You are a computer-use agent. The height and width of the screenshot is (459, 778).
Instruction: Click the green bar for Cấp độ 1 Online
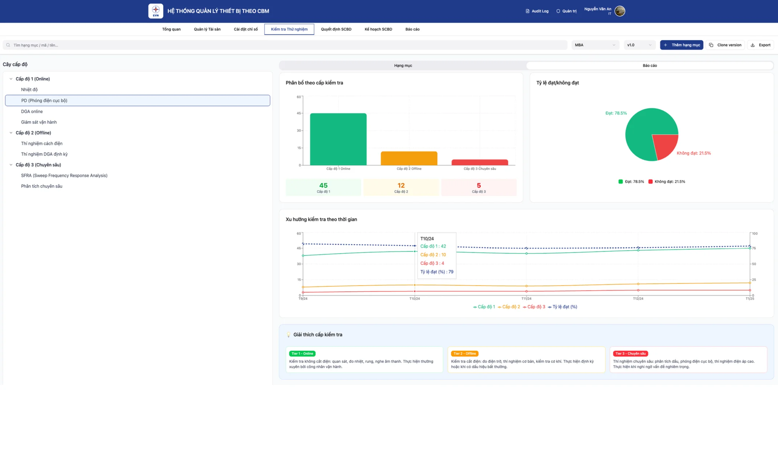pyautogui.click(x=338, y=139)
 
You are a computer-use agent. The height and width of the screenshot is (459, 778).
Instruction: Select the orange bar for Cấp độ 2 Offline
pyautogui.click(x=409, y=159)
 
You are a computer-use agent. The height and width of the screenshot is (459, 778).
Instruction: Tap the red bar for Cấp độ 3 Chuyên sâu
pyautogui.click(x=480, y=163)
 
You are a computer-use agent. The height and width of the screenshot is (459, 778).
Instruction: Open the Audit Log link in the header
pyautogui.click(x=537, y=11)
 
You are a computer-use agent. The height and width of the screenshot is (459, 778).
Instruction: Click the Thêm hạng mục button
pyautogui.click(x=682, y=45)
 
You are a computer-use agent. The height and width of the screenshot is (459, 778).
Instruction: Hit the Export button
pyautogui.click(x=761, y=45)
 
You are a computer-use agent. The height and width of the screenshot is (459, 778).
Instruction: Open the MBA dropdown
pyautogui.click(x=595, y=45)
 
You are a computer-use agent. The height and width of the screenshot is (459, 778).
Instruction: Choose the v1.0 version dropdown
pyautogui.click(x=639, y=45)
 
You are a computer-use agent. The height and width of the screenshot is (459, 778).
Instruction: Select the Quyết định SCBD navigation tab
pyautogui.click(x=336, y=29)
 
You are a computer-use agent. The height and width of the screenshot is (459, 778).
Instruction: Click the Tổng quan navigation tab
pyautogui.click(x=171, y=29)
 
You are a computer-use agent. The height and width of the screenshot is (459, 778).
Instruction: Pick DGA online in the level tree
pyautogui.click(x=32, y=111)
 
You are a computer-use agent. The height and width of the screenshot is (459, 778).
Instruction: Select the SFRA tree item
pyautogui.click(x=64, y=175)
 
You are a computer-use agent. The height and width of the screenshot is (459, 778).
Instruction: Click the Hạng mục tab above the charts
pyautogui.click(x=403, y=65)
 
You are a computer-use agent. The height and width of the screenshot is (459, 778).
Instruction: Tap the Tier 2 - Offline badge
pyautogui.click(x=464, y=354)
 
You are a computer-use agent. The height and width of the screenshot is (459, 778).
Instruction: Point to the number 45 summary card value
pyautogui.click(x=323, y=185)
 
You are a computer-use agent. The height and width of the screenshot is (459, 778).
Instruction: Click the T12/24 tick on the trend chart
pyautogui.click(x=638, y=299)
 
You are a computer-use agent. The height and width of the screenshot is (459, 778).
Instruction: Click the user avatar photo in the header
pyautogui.click(x=619, y=11)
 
